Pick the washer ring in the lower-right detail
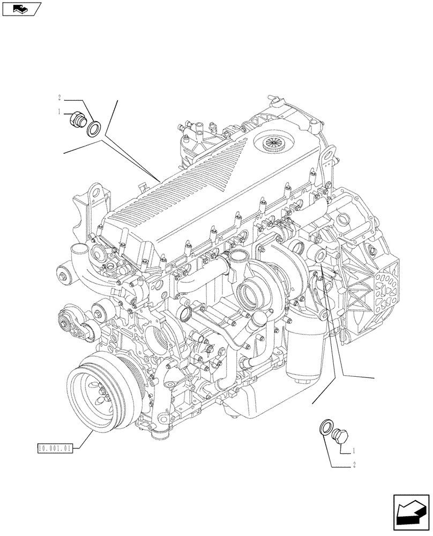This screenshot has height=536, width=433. (x=326, y=428)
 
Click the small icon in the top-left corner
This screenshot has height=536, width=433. (x=21, y=9)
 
